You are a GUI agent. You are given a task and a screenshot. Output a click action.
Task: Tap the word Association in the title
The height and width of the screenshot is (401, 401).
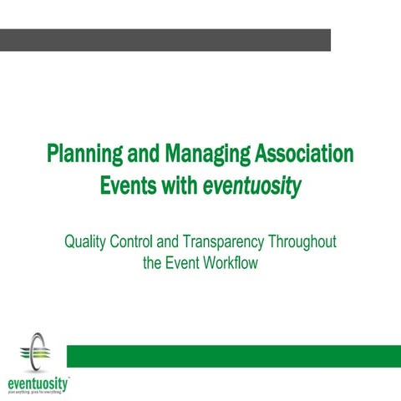pyautogui.click(x=302, y=155)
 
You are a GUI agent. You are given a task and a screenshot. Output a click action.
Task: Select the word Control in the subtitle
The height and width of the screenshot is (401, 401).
pyautogui.click(x=136, y=243)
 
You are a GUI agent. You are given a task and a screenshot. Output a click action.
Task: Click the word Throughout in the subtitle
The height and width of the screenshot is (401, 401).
pyautogui.click(x=302, y=243)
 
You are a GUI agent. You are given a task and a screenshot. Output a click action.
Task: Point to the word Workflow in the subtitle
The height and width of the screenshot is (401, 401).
pyautogui.click(x=231, y=262)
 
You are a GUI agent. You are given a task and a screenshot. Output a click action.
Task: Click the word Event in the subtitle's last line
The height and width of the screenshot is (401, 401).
pyautogui.click(x=183, y=262)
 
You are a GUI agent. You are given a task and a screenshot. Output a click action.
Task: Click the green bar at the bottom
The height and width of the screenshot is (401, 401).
pyautogui.click(x=233, y=355)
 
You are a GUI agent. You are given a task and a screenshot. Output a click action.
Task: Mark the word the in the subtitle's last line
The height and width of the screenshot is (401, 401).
pyautogui.click(x=153, y=262)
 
